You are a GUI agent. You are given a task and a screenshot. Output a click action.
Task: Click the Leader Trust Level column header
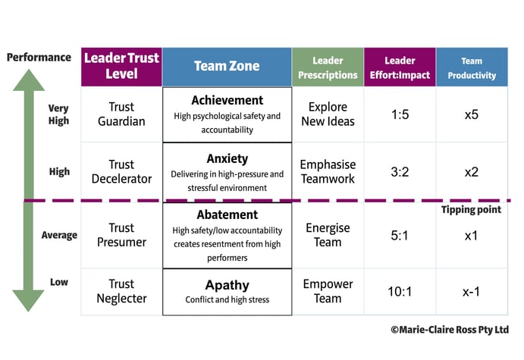(x=121, y=67)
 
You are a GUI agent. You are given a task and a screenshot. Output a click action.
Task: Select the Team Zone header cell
(x=227, y=67)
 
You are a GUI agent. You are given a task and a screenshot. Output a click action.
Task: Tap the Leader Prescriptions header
(x=328, y=67)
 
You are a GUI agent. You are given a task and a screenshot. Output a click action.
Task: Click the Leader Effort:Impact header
(x=400, y=67)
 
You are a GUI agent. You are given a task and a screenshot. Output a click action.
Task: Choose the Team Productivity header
(x=472, y=67)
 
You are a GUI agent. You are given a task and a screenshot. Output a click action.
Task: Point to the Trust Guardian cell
(x=121, y=114)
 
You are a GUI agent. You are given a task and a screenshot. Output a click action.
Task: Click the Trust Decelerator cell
(x=121, y=171)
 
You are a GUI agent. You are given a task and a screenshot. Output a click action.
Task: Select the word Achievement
(x=227, y=100)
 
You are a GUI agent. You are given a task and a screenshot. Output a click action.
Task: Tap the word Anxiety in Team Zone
(x=227, y=158)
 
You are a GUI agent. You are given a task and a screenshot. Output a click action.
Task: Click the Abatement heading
(x=227, y=214)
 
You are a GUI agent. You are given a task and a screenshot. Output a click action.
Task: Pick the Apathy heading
(x=227, y=285)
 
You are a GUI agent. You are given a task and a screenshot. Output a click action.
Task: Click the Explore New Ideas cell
(x=328, y=114)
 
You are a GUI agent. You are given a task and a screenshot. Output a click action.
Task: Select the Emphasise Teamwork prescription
(x=328, y=171)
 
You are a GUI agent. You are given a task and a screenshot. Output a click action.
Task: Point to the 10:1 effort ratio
(x=400, y=292)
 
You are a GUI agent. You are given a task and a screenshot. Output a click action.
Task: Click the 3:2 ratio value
(x=400, y=172)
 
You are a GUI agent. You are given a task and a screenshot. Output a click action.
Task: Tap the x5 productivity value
(x=472, y=114)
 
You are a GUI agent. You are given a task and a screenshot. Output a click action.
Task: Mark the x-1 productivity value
(x=471, y=292)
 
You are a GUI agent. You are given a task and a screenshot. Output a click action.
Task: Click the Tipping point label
(x=471, y=210)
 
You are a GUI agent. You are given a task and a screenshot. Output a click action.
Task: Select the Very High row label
(x=58, y=114)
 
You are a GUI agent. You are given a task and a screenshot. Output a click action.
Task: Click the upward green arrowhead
(x=29, y=80)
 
